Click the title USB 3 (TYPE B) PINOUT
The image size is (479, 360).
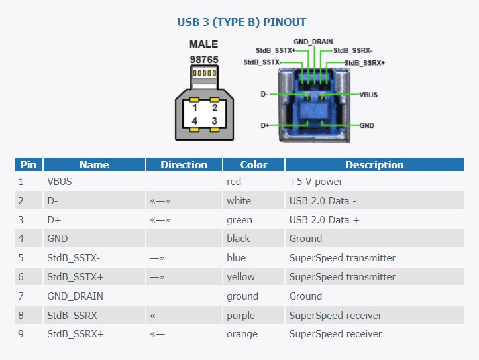(x=241, y=22)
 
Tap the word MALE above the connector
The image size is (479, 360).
(x=204, y=44)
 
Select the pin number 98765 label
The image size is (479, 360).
(x=204, y=59)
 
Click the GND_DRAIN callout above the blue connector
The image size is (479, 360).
(x=313, y=42)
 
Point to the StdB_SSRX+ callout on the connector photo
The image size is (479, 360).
(x=364, y=63)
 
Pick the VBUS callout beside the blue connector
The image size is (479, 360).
(x=368, y=95)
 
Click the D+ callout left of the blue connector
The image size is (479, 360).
(x=265, y=125)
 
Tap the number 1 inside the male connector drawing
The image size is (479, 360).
(x=195, y=108)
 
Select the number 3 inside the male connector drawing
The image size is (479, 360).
(x=215, y=121)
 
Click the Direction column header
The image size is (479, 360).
(x=184, y=164)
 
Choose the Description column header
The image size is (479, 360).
(x=374, y=164)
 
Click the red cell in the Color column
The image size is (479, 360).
(x=234, y=182)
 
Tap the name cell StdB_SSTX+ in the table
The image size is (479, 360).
(x=76, y=277)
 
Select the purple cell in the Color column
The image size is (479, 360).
(x=240, y=316)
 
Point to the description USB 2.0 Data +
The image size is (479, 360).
(x=325, y=220)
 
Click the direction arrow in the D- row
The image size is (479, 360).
(x=160, y=201)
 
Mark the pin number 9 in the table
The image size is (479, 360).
(x=21, y=333)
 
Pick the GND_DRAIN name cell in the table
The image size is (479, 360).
(x=75, y=296)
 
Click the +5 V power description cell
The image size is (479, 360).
(x=316, y=182)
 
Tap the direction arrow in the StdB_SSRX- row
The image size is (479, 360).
(x=157, y=316)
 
